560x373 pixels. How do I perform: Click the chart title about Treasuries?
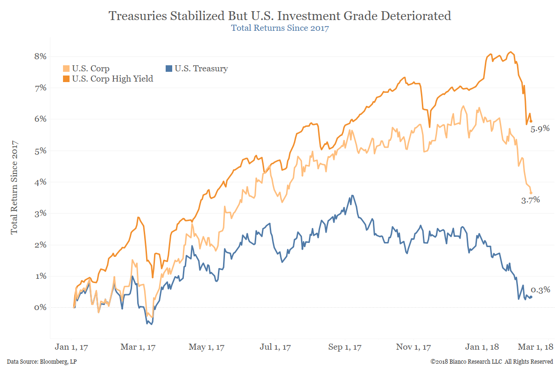coord(280,16)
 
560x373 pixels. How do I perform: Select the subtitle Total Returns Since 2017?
coord(280,28)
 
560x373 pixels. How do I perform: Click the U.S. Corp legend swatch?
coord(66,69)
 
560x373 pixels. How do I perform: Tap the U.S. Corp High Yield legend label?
coord(112,79)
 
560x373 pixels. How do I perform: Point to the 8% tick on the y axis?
coord(41,56)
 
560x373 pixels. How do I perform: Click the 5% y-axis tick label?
coord(41,151)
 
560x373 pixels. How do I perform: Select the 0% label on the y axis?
coord(41,307)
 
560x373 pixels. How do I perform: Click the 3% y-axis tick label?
coord(41,213)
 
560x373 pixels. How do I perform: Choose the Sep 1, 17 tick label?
coord(346,347)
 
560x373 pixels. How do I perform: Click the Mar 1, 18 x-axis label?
coord(536,347)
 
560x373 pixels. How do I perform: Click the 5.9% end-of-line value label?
coord(540,129)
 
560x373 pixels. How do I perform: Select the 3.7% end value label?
coord(530,200)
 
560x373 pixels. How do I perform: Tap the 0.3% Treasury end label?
coord(540,290)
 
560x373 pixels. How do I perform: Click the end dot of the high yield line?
coord(531,121)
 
